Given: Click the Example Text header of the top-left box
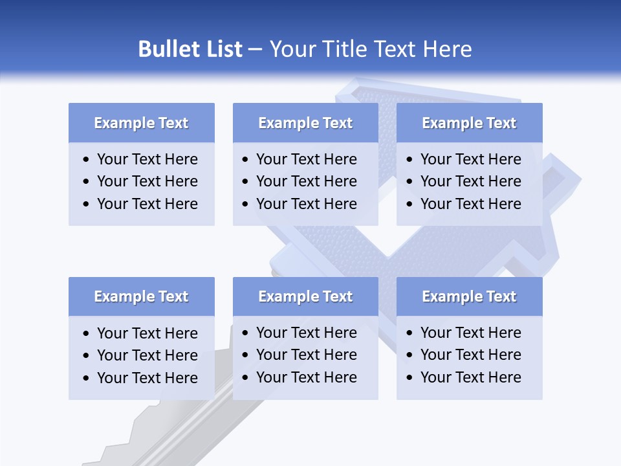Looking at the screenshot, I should [141, 123].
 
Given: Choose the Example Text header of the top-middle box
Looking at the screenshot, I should [305, 123].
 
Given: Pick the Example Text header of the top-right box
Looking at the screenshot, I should [469, 123].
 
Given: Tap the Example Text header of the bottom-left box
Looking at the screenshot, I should [141, 296].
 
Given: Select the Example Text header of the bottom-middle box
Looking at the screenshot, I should [305, 296].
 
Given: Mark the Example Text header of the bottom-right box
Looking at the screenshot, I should [469, 296].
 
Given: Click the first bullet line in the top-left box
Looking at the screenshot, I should [147, 159].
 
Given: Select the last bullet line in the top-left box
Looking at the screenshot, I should [147, 204].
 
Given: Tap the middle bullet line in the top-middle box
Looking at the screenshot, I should [306, 181].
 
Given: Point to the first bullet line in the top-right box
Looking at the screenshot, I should [470, 159].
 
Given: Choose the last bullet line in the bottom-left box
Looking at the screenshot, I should [147, 378].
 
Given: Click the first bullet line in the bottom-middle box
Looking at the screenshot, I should [306, 333].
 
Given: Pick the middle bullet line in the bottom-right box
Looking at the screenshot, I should [470, 355].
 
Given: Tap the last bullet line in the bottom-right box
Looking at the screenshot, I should [470, 377].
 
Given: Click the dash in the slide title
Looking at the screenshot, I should [255, 50].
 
